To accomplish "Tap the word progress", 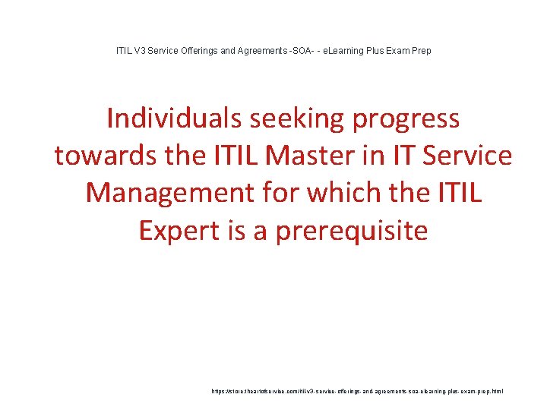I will (406, 119).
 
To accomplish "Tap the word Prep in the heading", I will (422, 51).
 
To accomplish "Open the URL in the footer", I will (357, 392).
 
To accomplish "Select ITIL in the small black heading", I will (122, 51).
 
